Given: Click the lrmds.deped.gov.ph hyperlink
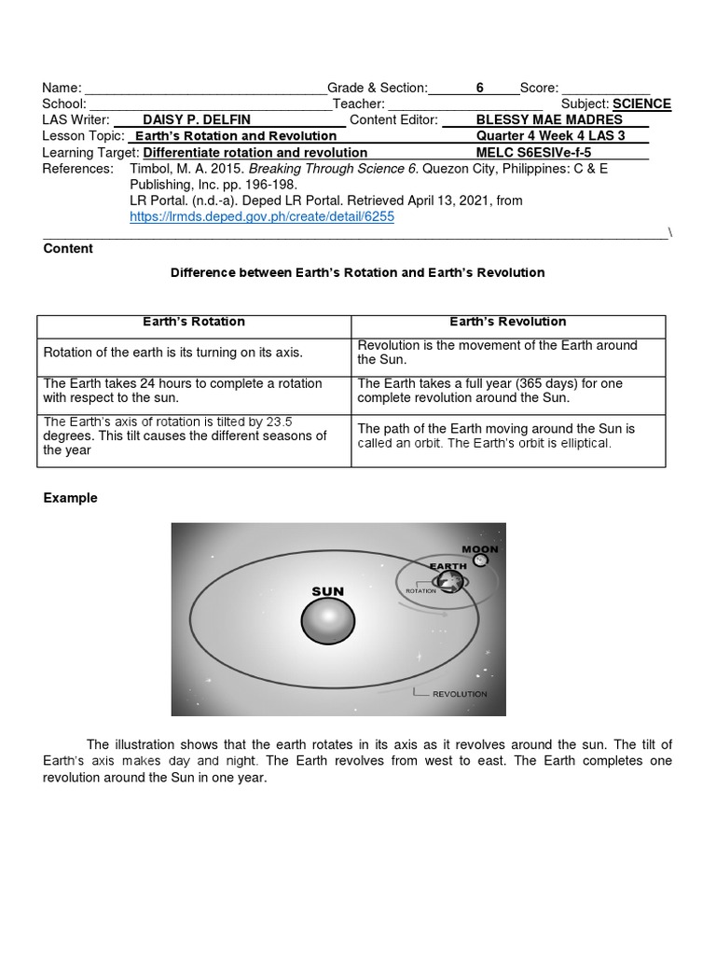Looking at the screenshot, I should click(x=262, y=216).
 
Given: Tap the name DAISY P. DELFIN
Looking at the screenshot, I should click(x=197, y=120).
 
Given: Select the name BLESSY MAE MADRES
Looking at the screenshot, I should click(x=548, y=120).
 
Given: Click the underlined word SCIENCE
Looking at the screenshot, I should click(x=641, y=104).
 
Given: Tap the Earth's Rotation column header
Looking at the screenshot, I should click(x=193, y=322).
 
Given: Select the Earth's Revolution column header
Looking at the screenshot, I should click(x=507, y=322).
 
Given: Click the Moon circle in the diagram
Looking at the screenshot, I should click(x=480, y=561).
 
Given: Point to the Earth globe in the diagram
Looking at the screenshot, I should click(x=450, y=582).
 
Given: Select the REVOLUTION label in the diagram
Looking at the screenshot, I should click(x=460, y=694).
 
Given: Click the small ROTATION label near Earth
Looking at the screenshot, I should click(x=421, y=591).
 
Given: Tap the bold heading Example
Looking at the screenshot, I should click(x=70, y=498).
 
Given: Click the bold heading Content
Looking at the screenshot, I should click(x=68, y=249).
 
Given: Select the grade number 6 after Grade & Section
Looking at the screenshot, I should click(x=480, y=89).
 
